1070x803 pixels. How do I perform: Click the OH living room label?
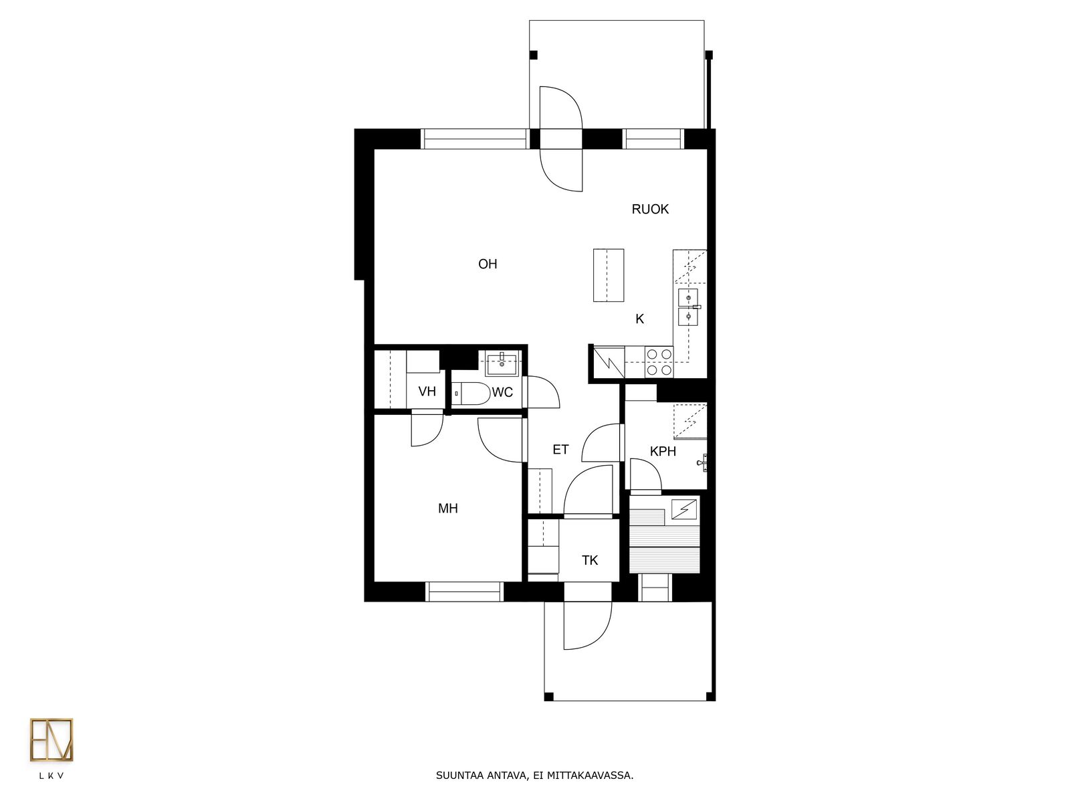click(488, 264)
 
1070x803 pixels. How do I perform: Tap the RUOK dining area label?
click(650, 209)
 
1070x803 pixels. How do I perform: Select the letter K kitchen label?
click(639, 319)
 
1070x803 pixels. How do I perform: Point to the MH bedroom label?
click(447, 509)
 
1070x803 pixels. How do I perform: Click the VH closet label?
click(427, 391)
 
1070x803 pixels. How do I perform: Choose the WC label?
click(502, 393)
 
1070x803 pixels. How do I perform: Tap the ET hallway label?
click(560, 450)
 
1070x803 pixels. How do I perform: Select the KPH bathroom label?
click(663, 452)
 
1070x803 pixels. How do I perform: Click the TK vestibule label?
click(589, 561)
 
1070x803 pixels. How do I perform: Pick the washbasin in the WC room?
click(502, 365)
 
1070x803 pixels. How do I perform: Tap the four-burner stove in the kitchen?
click(659, 362)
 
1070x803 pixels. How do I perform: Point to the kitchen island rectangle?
click(609, 275)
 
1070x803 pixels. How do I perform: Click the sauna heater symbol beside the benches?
click(684, 509)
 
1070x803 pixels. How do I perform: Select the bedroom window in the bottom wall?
click(464, 592)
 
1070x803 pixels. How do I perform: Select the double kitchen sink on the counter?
click(688, 307)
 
